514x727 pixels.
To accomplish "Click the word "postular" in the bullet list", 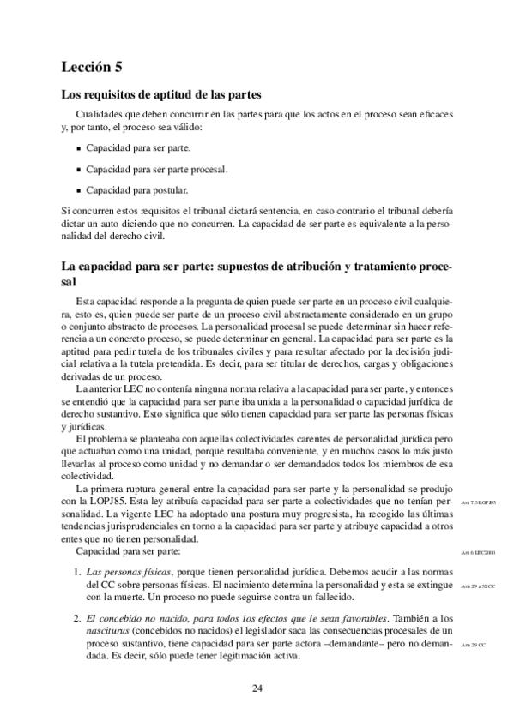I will [171, 189].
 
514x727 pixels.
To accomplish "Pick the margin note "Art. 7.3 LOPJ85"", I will [478, 502].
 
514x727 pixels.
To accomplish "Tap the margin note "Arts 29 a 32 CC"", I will [477, 583].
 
